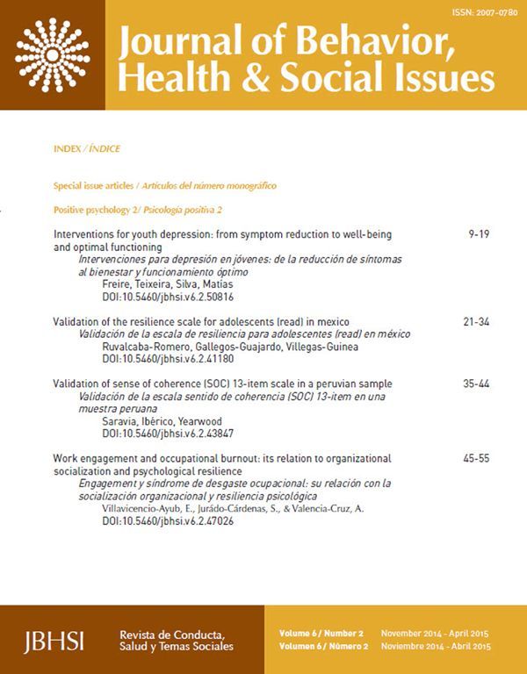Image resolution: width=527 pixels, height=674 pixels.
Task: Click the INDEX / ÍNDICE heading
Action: [x=87, y=149]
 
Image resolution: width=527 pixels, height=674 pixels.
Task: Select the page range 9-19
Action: [x=479, y=236]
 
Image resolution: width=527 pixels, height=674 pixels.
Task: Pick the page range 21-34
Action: [x=476, y=322]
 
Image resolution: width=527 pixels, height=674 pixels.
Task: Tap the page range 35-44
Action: [x=476, y=384]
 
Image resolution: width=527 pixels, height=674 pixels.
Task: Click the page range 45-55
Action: [x=476, y=458]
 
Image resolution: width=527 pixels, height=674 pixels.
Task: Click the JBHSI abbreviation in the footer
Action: [x=54, y=639]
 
